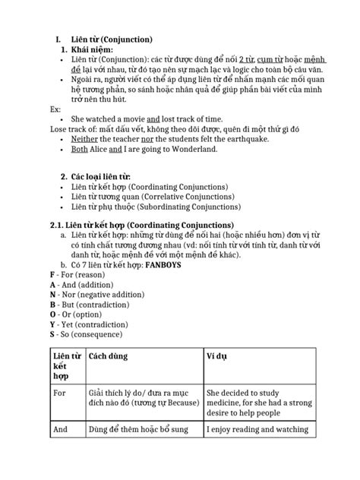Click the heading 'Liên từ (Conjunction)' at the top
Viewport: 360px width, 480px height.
click(112, 39)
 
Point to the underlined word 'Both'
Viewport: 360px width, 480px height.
click(78, 150)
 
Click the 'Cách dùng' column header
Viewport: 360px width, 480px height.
click(108, 356)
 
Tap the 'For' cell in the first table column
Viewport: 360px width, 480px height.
click(60, 393)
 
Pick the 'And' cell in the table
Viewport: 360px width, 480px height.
click(61, 430)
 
